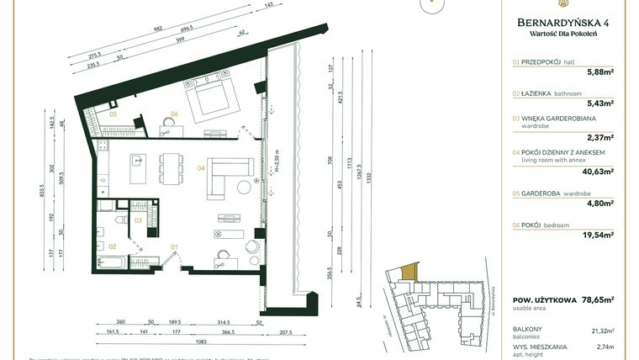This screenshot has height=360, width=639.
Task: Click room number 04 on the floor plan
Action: pos(201,167)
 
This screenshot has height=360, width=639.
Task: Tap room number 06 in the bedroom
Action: pos(174,114)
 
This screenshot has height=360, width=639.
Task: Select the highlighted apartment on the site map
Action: pos(409,272)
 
